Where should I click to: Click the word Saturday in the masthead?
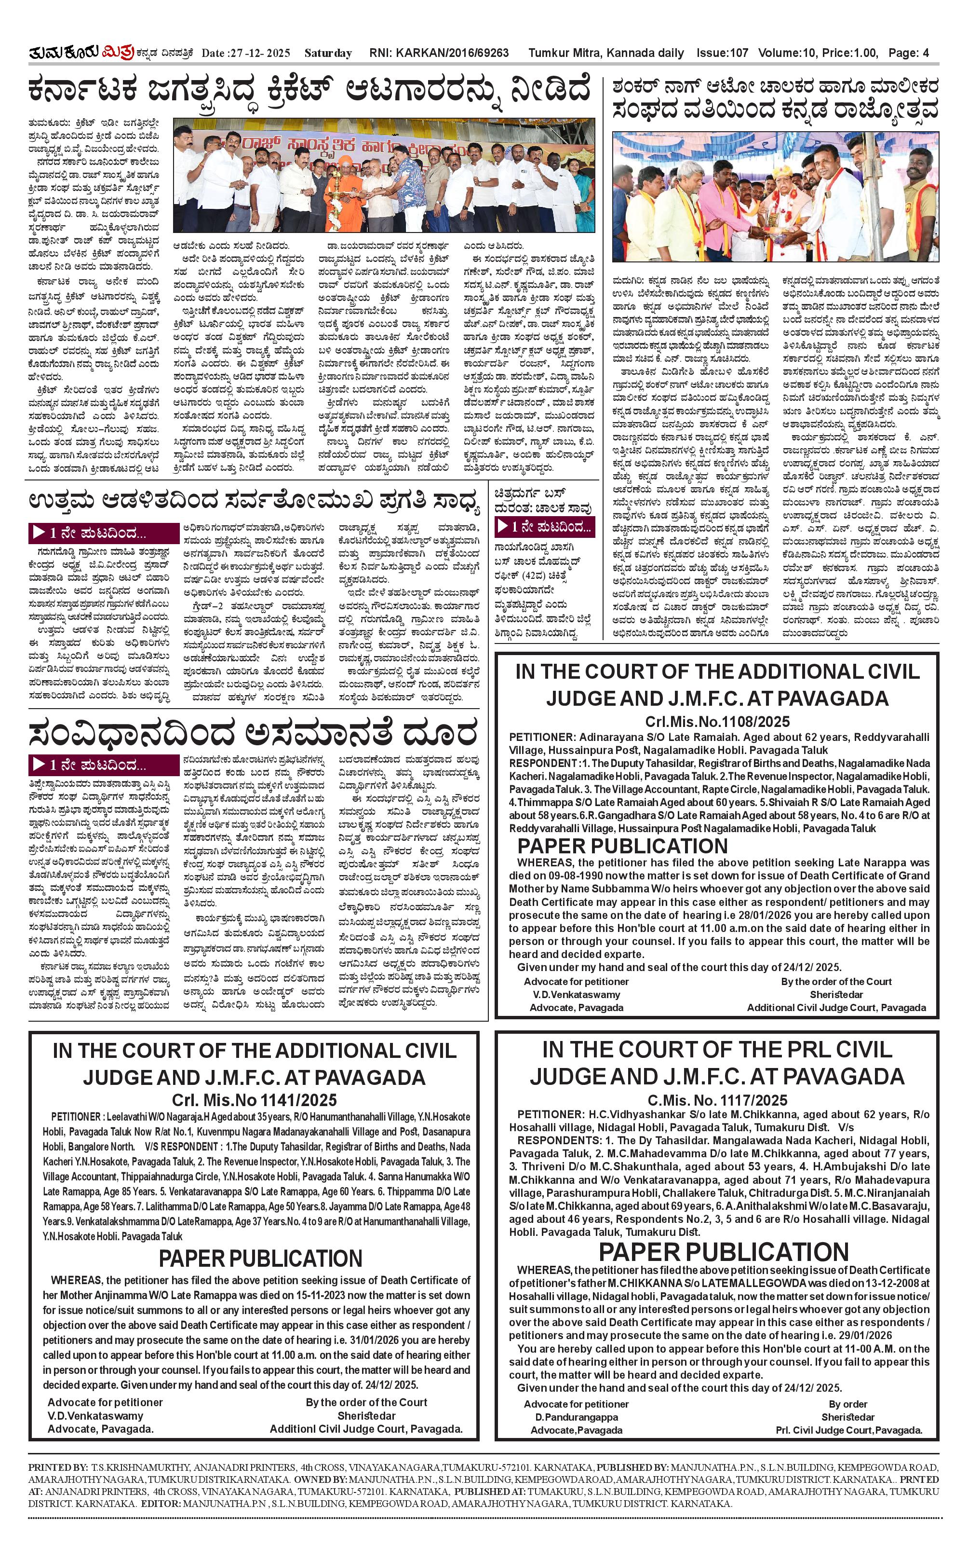pyautogui.click(x=328, y=53)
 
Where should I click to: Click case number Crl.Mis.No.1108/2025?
pyautogui.click(x=717, y=722)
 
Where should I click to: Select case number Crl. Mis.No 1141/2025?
pyautogui.click(x=254, y=1100)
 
